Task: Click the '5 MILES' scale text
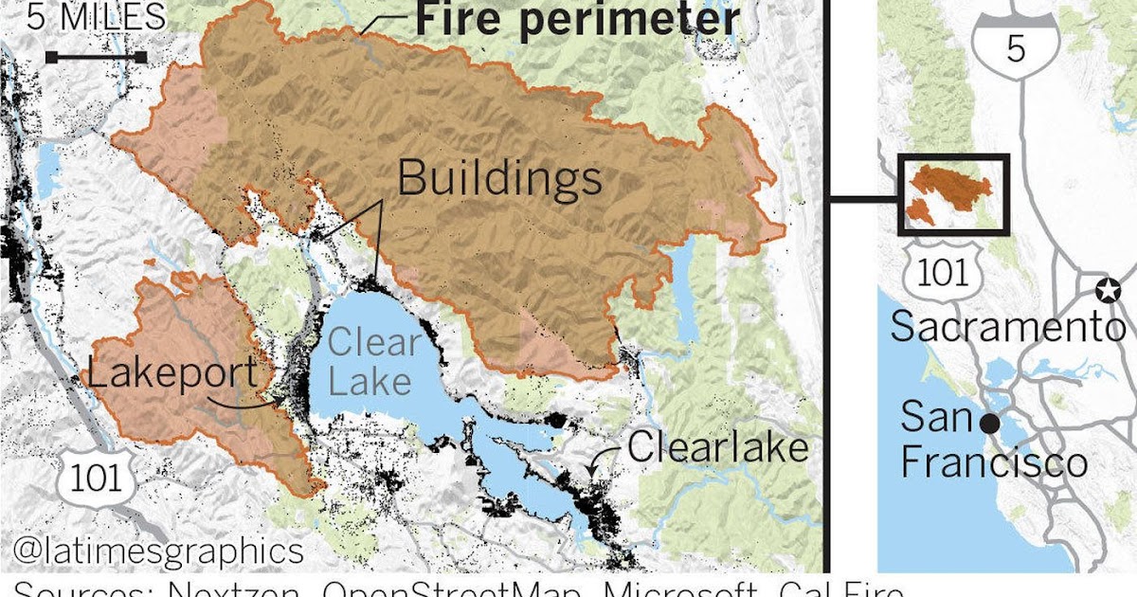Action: [95, 17]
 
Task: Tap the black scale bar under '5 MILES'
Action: [96, 58]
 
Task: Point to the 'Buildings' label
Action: [499, 177]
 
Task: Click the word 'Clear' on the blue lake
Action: [372, 343]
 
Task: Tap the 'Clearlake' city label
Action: [718, 446]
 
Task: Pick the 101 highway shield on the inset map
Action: [945, 272]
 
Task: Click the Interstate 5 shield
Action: [1015, 43]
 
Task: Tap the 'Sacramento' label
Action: [1008, 328]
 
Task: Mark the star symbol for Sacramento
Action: [1106, 290]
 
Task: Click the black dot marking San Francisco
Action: [989, 424]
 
